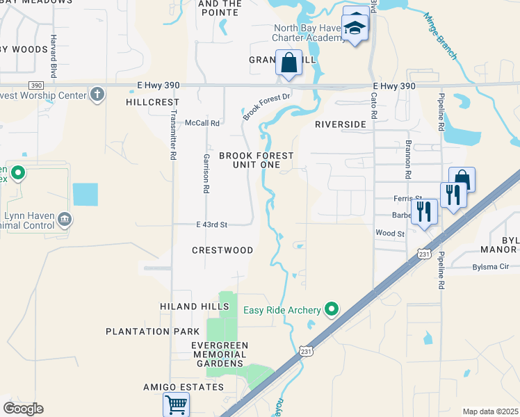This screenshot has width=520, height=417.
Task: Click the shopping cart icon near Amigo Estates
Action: coord(177,403)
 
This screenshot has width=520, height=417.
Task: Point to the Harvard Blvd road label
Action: coord(53,56)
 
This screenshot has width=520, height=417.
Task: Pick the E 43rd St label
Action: coord(212,224)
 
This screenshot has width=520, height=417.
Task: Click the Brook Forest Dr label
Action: coord(266,104)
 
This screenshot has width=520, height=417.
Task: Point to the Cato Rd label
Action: coord(373,108)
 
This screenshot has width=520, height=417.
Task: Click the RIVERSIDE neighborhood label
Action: coord(340,124)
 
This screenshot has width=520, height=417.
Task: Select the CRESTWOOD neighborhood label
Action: coord(222,250)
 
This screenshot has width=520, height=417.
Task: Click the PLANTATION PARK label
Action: coord(147,332)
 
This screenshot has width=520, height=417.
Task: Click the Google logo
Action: coord(23,409)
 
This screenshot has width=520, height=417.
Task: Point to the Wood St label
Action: coord(389,234)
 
